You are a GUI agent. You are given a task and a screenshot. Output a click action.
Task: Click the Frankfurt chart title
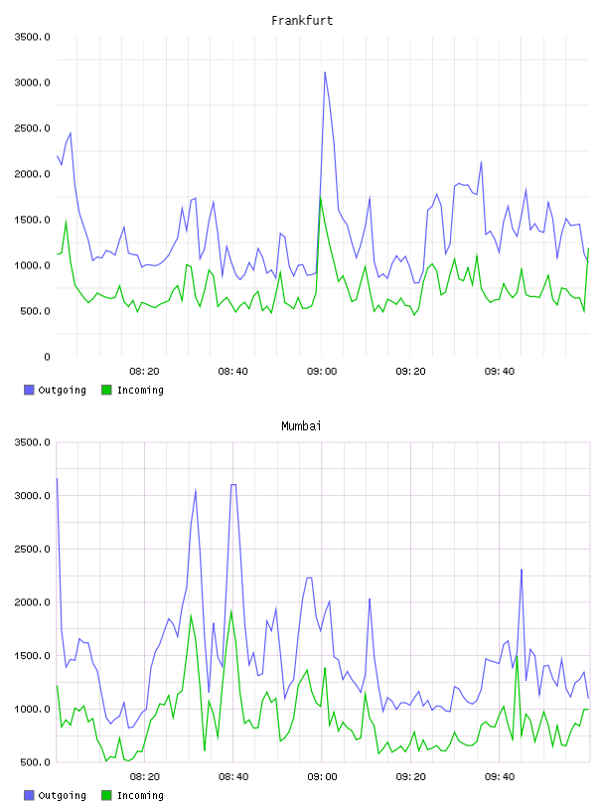tap(302, 21)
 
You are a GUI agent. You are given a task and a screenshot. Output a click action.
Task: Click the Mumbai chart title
tap(301, 426)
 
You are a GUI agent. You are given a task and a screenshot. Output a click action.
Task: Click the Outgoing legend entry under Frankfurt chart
tap(55, 390)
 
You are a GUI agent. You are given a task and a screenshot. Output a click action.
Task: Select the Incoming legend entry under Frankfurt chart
tap(133, 390)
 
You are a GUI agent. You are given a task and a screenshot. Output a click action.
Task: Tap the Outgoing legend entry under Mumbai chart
tap(55, 795)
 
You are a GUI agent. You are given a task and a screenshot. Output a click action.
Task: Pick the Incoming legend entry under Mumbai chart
tap(133, 795)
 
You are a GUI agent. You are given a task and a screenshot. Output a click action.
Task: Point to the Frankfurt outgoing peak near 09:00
tap(325, 73)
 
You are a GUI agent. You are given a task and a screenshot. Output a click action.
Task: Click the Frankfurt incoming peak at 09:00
tap(321, 198)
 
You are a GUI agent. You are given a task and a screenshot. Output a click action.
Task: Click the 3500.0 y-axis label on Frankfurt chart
tap(33, 37)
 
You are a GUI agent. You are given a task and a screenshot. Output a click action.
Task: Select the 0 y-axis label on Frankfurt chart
tap(47, 357)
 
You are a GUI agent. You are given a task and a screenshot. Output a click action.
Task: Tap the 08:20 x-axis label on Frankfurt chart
tap(144, 372)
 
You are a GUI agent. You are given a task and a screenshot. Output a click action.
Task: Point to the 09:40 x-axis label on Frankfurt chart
tap(500, 372)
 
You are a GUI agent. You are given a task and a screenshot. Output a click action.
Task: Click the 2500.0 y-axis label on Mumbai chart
tap(33, 549)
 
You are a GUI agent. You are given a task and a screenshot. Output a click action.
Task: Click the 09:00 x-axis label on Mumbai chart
tap(322, 777)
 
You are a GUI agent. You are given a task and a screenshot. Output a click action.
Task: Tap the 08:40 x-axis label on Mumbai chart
tap(233, 777)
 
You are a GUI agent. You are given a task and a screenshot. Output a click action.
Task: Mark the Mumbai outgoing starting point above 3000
tap(57, 478)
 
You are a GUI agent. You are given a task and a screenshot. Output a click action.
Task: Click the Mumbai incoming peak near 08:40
tap(231, 611)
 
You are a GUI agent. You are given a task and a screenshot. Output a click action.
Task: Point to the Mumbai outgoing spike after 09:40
tap(522, 569)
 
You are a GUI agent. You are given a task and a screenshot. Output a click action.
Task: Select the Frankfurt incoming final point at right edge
tap(588, 248)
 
